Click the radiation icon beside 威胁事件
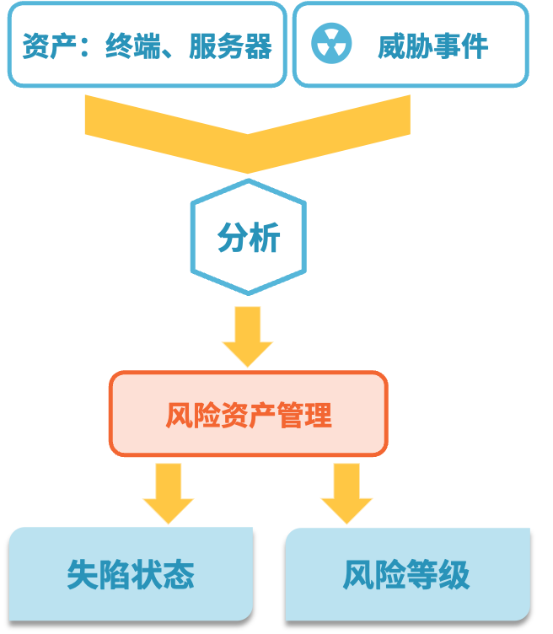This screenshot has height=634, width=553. click(x=331, y=45)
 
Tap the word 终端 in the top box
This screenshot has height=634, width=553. click(x=127, y=46)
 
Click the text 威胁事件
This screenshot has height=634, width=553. click(x=432, y=46)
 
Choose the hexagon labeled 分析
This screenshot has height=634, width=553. click(x=248, y=238)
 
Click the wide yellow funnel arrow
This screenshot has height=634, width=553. click(x=247, y=131)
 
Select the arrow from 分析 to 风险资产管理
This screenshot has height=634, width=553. click(x=248, y=336)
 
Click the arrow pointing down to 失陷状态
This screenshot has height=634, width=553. click(x=168, y=492)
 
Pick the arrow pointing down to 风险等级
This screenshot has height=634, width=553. click(x=346, y=492)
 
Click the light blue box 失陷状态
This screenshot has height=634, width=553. click(x=131, y=574)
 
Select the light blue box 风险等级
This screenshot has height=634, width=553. click(x=407, y=574)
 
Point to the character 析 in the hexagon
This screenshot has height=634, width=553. click(x=264, y=239)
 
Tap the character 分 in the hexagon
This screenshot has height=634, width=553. click(x=232, y=239)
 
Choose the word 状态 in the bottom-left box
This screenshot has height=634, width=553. click(x=163, y=575)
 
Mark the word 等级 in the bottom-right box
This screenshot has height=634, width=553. click(x=439, y=575)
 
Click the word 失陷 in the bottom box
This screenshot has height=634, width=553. click(x=99, y=575)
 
